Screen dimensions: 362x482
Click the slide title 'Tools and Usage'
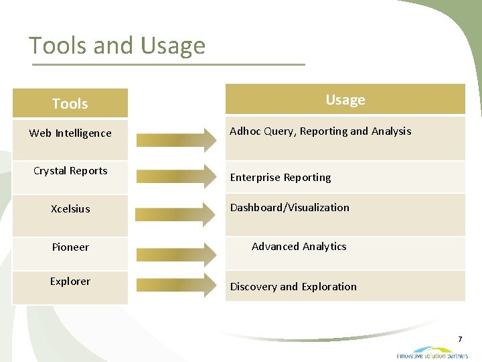[x=117, y=46]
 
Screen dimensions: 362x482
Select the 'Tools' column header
[x=70, y=104]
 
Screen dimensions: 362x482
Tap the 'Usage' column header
[x=345, y=100]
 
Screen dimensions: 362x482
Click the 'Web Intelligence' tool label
[x=70, y=133]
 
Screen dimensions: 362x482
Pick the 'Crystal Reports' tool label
[x=70, y=171]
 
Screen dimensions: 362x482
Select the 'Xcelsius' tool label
[x=70, y=209]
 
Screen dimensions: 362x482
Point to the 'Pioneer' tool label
[x=70, y=247]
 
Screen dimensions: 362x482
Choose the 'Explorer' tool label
[x=70, y=282]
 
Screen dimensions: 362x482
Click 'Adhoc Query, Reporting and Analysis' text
[x=320, y=131]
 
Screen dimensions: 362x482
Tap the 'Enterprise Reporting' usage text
[x=280, y=178]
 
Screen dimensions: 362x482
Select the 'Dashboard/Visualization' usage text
[x=290, y=208]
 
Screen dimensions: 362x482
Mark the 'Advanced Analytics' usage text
[x=299, y=247]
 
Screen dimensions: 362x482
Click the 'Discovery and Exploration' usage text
[x=293, y=287]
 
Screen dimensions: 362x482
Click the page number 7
[x=460, y=340]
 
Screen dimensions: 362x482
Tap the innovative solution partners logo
[x=432, y=353]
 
